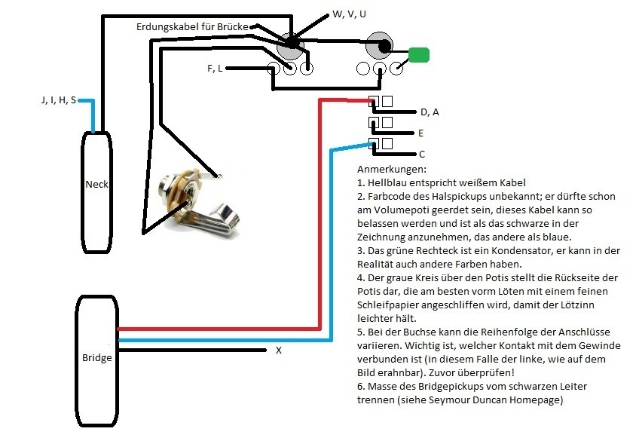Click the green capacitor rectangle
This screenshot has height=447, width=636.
point(419,54)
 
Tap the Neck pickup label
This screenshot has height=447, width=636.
point(96,184)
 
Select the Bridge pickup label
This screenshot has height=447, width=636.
point(96,357)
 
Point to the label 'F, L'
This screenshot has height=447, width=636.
point(215,69)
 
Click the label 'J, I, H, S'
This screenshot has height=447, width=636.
point(58,100)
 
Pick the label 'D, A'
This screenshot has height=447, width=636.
point(430,112)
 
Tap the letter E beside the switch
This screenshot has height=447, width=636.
point(421,133)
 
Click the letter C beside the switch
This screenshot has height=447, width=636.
point(421,154)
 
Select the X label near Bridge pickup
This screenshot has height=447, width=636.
point(279,351)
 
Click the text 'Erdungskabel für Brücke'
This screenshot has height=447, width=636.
point(191,26)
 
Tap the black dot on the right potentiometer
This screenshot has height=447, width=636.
point(384,47)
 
